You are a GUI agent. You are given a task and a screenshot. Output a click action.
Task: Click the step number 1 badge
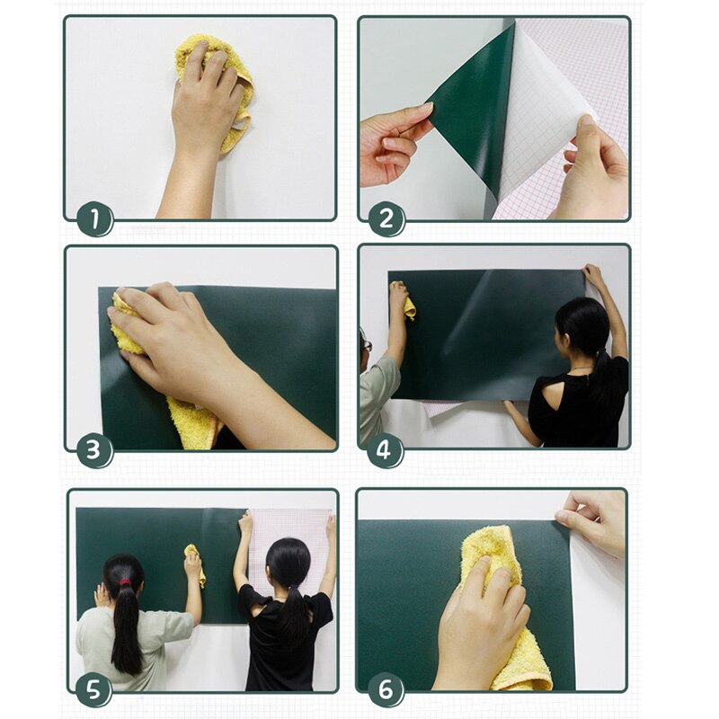pyautogui.click(x=94, y=219)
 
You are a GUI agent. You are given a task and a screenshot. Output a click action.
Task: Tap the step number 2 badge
pyautogui.click(x=386, y=219)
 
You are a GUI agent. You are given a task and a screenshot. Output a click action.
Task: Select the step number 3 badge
pyautogui.click(x=94, y=449)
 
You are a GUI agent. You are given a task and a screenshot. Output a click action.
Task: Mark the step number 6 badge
pyautogui.click(x=386, y=690)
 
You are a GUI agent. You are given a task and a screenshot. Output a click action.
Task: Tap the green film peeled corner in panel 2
pyautogui.click(x=476, y=108)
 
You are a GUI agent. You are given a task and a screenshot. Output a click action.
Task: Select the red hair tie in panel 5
pyautogui.click(x=124, y=582)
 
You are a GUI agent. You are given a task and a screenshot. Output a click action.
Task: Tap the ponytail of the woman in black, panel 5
pyautogui.click(x=289, y=611)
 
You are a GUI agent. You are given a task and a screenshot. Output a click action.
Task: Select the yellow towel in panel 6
pyautogui.click(x=512, y=611)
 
